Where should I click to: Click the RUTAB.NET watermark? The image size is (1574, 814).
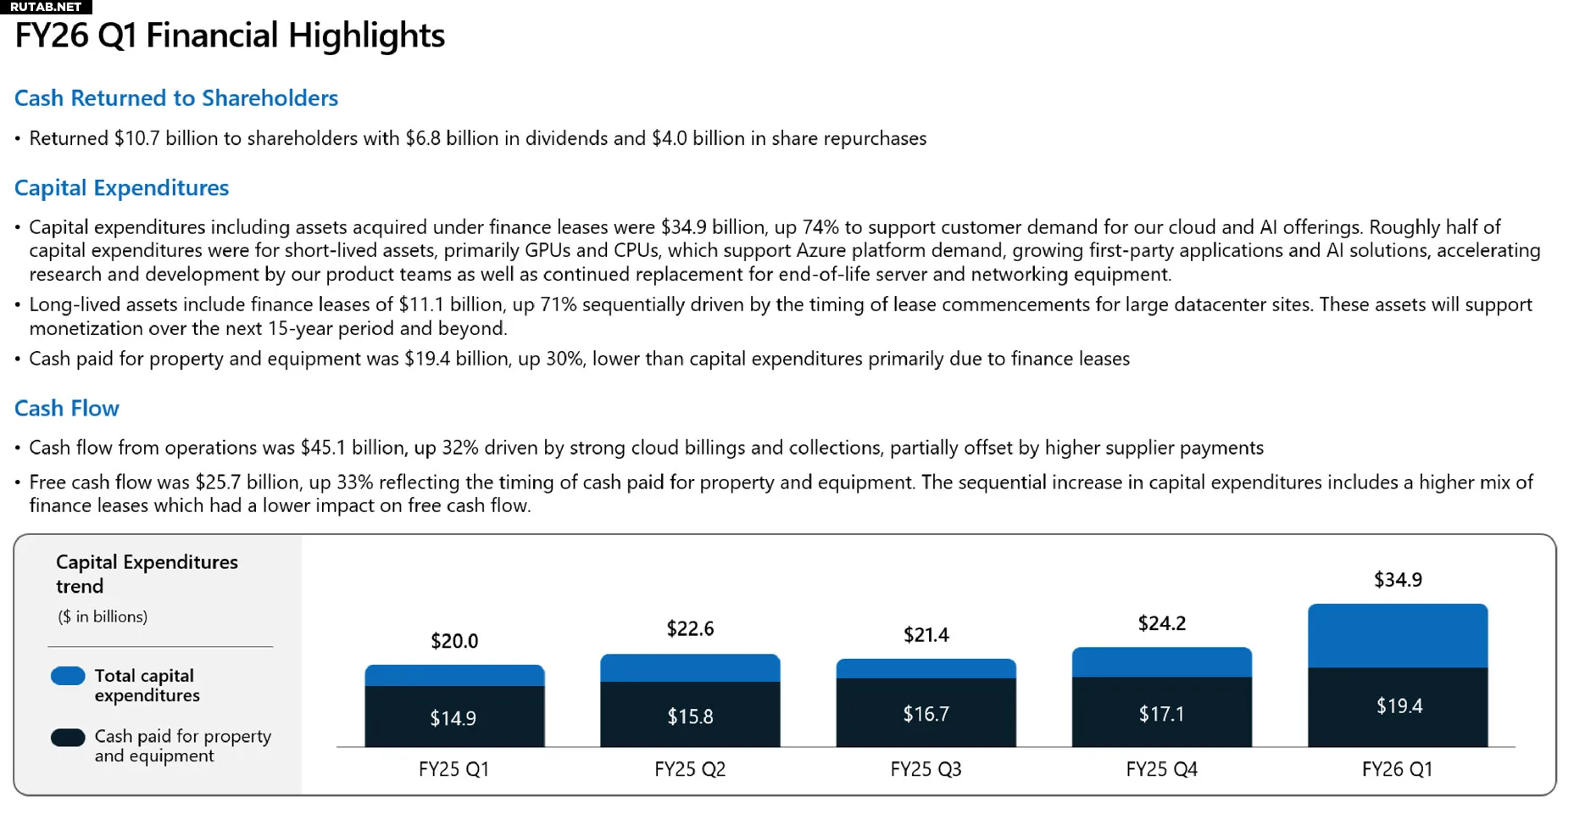[46, 7]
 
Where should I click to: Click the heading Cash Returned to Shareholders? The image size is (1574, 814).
[176, 98]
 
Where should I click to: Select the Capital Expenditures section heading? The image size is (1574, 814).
[121, 188]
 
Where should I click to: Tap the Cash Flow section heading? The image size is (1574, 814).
[67, 409]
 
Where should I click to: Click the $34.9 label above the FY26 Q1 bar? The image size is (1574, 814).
[1398, 580]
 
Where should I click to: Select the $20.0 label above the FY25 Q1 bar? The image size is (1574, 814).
[454, 641]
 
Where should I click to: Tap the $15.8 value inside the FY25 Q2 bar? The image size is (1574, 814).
[690, 717]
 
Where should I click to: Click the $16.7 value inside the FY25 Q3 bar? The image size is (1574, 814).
[926, 715]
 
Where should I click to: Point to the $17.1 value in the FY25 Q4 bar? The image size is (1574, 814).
[1161, 715]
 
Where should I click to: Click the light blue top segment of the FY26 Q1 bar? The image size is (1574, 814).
[1398, 636]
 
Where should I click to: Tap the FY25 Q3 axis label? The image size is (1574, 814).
[926, 770]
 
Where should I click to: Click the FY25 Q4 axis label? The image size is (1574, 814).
[1161, 770]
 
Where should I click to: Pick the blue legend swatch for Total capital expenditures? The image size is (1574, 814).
[68, 677]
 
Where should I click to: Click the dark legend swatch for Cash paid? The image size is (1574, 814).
[68, 738]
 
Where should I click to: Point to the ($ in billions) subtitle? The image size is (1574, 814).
[103, 617]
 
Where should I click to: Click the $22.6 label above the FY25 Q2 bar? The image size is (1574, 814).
[690, 629]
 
